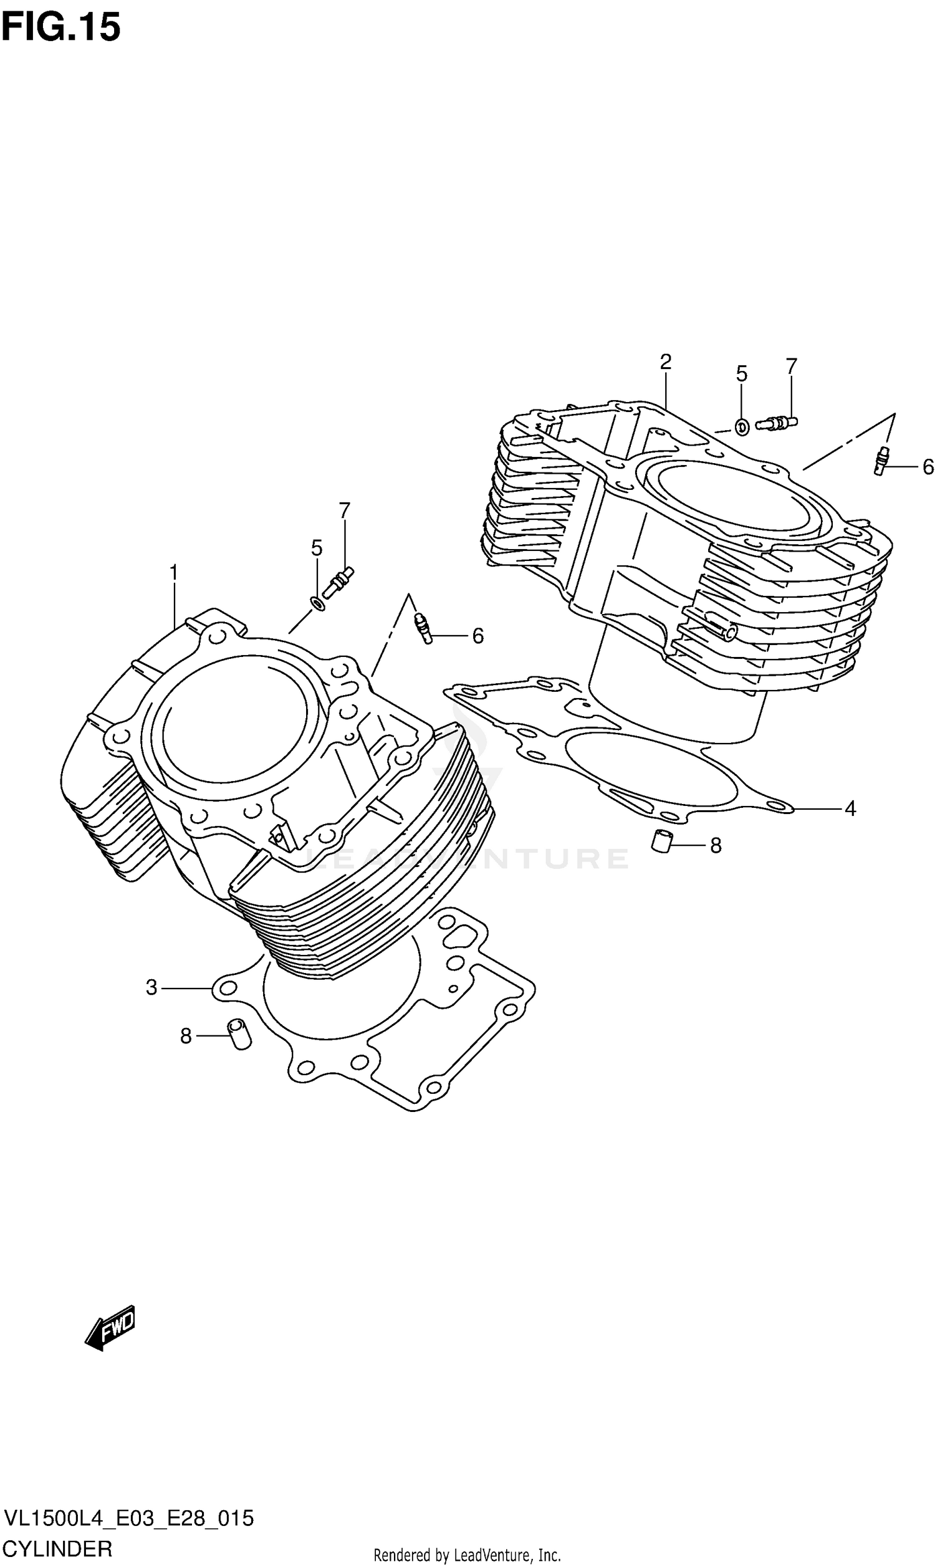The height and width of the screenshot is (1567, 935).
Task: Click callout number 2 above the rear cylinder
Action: pos(665,362)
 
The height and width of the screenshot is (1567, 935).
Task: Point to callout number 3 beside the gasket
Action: pos(151,987)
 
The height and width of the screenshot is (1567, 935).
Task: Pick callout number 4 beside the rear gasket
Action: pos(850,808)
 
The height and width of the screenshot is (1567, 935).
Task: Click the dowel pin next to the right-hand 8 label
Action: pos(661,842)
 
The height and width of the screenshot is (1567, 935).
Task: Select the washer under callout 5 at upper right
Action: pos(742,428)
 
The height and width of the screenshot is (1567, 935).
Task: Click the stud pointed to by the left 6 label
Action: pos(423,628)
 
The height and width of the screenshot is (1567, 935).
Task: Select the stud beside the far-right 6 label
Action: pos(881,461)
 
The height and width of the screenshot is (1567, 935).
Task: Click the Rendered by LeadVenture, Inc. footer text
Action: pos(467,1555)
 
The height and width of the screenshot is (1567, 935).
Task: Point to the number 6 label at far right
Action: pos(928,467)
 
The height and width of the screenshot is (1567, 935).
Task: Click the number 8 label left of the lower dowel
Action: pos(186,1036)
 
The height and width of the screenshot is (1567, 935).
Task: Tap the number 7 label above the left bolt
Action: pos(344,510)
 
